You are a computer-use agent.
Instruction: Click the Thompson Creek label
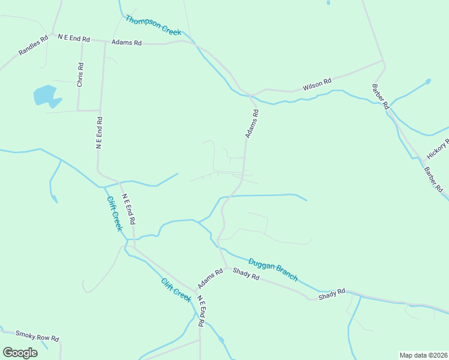point(153,25)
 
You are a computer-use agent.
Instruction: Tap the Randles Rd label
point(32,46)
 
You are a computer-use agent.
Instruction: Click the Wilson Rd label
point(317,85)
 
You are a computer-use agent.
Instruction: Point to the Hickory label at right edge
point(438,148)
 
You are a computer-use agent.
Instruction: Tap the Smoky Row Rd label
point(37,336)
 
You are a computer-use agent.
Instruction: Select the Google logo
point(20,353)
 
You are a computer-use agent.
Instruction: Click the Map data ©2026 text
point(423,355)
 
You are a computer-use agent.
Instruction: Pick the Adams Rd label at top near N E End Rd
point(127,43)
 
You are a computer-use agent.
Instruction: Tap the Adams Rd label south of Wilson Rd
point(252,124)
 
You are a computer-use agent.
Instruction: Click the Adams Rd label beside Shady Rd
point(210,278)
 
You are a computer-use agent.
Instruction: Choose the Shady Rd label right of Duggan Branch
point(332,294)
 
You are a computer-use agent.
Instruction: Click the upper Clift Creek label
point(115,214)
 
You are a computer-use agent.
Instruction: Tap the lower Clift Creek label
point(176,290)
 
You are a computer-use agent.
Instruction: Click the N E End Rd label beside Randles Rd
point(74,38)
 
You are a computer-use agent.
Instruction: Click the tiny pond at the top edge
point(328,2)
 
